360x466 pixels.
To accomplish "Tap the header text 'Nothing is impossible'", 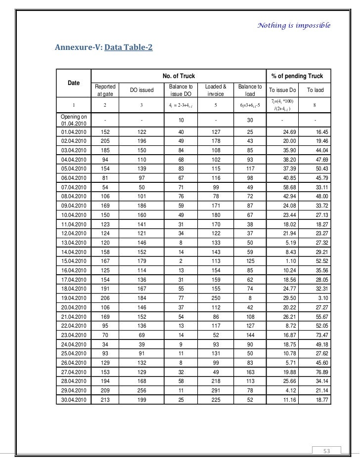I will pos(294,25).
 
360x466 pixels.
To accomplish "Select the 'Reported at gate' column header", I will pos(105,90).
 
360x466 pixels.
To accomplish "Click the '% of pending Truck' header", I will pos(297,76).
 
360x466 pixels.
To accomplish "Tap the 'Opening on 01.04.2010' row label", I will pos(74,120).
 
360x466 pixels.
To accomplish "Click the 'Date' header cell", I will pos(74,83).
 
